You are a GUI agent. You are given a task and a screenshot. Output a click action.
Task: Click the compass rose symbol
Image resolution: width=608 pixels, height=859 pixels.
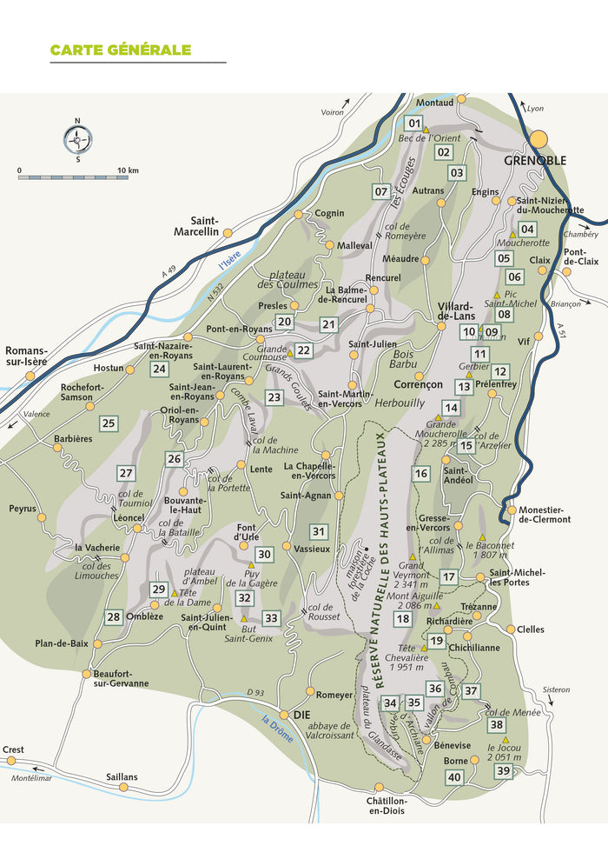77,139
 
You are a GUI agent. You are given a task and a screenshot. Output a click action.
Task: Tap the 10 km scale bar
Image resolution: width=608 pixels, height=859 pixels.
73,177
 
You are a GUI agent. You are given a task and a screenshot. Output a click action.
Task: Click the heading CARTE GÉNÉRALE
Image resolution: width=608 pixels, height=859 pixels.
120,50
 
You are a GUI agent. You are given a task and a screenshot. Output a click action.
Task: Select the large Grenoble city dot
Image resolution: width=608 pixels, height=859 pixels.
540,139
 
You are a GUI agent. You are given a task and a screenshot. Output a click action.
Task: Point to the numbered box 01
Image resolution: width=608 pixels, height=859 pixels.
414,123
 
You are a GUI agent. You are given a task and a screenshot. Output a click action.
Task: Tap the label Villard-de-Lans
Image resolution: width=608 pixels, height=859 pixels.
455,311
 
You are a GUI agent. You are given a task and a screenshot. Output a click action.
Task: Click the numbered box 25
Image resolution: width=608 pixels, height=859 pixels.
109,423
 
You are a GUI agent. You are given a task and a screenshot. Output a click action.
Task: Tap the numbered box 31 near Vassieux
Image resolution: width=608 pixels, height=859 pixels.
319,531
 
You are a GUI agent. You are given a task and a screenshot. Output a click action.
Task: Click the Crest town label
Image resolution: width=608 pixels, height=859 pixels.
13,749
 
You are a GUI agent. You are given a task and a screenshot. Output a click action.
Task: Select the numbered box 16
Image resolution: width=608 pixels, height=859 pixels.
421,474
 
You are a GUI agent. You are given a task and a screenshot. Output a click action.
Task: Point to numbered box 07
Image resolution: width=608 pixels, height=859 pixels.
380,191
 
